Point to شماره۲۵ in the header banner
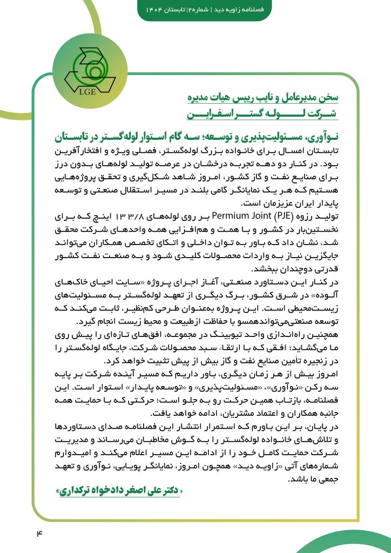[x=199, y=11]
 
